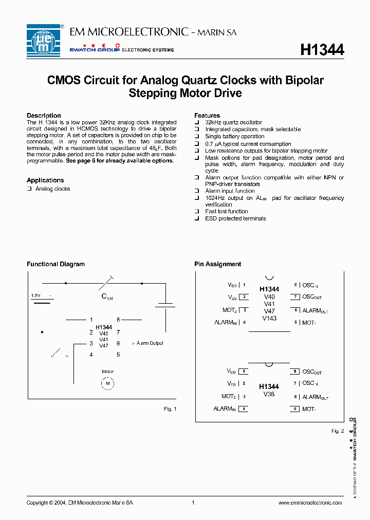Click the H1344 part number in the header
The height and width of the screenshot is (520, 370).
coord(322,49)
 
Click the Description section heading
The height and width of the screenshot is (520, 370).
coord(44,116)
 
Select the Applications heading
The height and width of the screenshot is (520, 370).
coord(45,180)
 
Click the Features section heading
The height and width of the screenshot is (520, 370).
coord(207,116)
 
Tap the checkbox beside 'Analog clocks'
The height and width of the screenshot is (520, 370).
coord(29,189)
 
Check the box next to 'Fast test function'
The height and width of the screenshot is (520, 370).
coord(197,212)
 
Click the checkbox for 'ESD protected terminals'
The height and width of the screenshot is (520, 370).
coord(197,219)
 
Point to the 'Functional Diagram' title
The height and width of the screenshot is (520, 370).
coord(55,264)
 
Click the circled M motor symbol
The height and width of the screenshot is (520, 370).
coord(108,383)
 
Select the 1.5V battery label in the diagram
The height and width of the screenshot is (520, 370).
coord(36,295)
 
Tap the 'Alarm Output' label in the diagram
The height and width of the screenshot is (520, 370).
coord(149,343)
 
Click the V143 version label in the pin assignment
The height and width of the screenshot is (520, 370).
coord(269,318)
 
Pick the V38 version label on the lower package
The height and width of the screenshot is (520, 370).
coord(269,394)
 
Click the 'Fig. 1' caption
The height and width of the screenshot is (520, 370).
coord(170,408)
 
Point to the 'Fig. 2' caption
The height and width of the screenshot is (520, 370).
coord(338,431)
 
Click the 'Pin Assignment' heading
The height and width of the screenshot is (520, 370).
coord(217,264)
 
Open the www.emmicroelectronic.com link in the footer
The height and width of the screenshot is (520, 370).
coord(310,503)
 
